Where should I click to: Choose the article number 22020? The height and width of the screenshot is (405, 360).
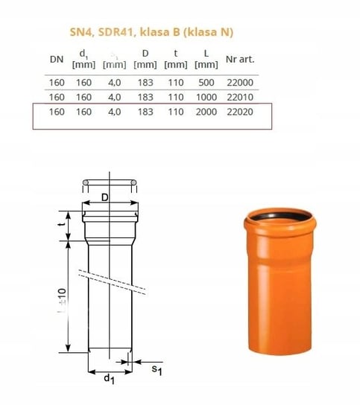click(x=240, y=112)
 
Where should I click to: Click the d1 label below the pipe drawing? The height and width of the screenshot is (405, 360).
click(x=109, y=379)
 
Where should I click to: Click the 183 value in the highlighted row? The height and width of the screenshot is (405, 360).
click(x=145, y=112)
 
